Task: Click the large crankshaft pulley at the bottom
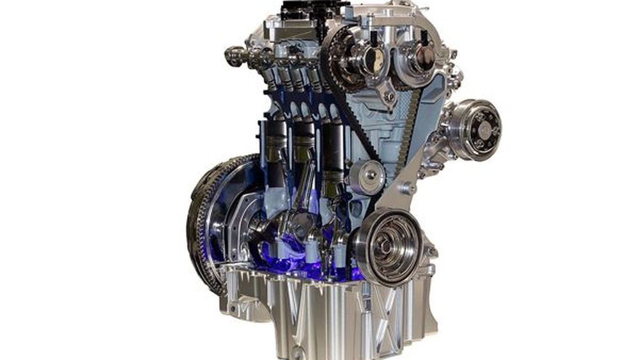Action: (x=387, y=246)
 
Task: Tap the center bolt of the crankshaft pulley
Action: (x=389, y=245)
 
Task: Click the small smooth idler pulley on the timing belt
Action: (x=367, y=176)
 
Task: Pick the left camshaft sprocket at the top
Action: (x=357, y=61)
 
